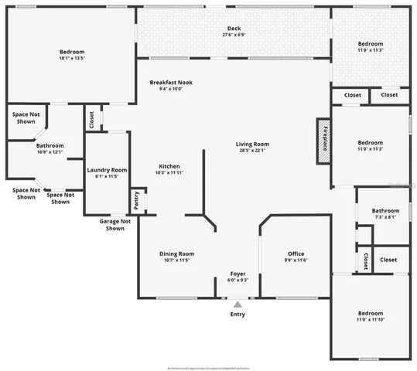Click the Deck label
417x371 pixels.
(x=234, y=29)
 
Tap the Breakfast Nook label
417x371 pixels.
(x=171, y=82)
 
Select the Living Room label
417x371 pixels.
(x=252, y=144)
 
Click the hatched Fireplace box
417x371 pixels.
(x=324, y=141)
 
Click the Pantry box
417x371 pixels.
(x=138, y=199)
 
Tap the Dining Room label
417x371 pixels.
(x=176, y=254)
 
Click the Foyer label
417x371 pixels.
(x=238, y=274)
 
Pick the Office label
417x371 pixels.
(x=296, y=254)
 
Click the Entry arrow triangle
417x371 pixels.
(x=238, y=304)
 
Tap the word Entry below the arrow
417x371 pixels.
(x=238, y=315)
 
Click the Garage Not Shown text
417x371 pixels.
(x=115, y=224)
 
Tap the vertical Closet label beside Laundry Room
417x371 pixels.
(x=92, y=120)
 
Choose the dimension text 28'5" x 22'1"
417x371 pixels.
(x=252, y=151)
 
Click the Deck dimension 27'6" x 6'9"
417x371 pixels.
(x=234, y=36)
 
